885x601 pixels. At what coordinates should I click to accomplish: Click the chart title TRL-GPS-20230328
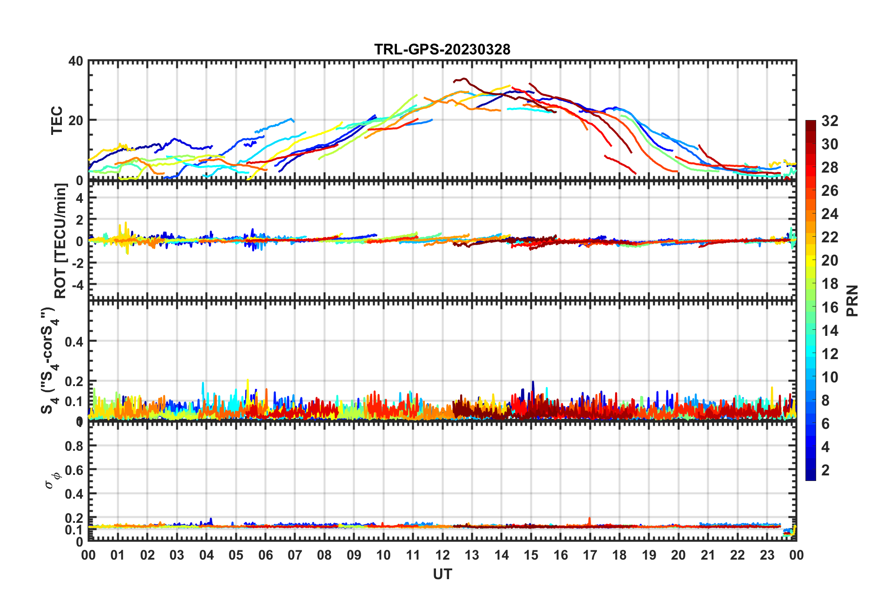click(x=442, y=49)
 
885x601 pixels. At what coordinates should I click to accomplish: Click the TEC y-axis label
click(x=57, y=120)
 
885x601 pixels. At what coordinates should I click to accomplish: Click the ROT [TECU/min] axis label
click(x=60, y=240)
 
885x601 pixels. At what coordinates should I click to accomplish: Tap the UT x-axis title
click(x=442, y=574)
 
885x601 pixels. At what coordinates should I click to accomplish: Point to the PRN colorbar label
click(x=852, y=300)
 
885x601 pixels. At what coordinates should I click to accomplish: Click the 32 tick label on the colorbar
click(x=830, y=121)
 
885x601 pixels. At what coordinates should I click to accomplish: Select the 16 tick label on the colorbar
click(x=830, y=307)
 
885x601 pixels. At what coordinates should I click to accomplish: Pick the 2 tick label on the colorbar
click(x=825, y=470)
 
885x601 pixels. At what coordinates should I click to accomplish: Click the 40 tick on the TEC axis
click(x=76, y=61)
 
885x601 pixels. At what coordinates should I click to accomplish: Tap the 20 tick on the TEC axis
click(x=76, y=120)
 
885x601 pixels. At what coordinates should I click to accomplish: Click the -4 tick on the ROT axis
click(x=77, y=284)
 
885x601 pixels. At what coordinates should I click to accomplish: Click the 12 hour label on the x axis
click(x=442, y=555)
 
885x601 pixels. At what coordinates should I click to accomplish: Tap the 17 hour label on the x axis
click(x=590, y=555)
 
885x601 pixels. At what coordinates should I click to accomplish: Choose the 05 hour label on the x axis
click(x=236, y=555)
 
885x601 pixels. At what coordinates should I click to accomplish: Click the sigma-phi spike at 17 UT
click(x=590, y=519)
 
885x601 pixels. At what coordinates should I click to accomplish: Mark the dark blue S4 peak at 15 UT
click(x=533, y=383)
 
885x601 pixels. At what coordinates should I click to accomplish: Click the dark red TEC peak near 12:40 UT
click(x=463, y=79)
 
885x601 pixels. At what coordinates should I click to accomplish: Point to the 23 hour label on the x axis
click(x=767, y=555)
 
